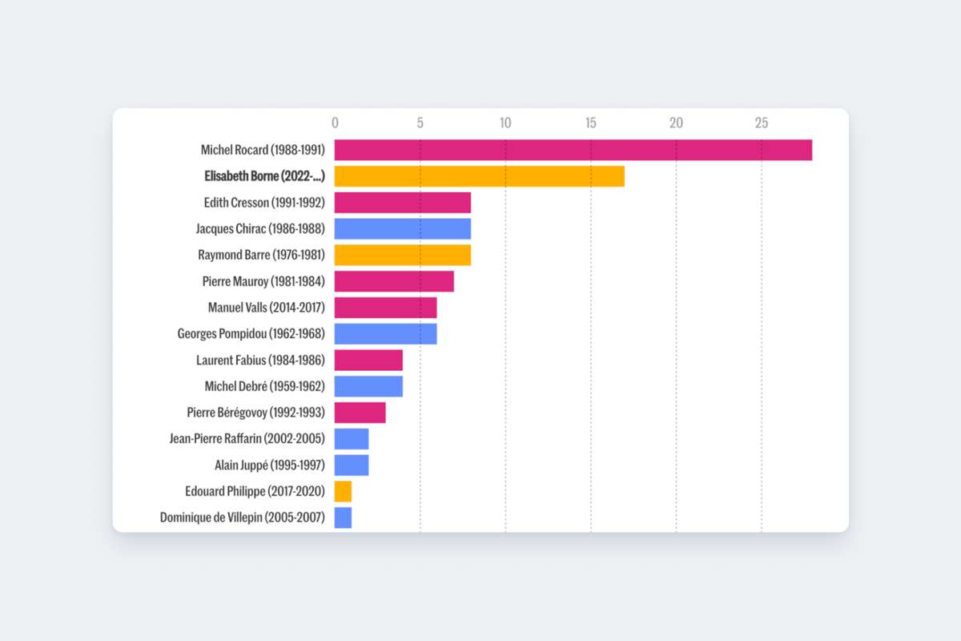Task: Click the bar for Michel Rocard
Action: point(573,150)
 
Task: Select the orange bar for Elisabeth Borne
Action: point(479,176)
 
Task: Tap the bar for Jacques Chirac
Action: point(402,229)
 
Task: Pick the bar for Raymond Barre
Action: point(402,255)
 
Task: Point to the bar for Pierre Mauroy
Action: point(394,281)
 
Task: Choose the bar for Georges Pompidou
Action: point(385,334)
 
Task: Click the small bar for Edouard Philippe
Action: point(343,491)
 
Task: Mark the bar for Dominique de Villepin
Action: point(343,518)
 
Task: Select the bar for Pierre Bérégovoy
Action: point(360,413)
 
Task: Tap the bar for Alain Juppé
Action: point(352,465)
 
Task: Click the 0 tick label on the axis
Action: point(335,123)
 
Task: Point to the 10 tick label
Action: point(505,123)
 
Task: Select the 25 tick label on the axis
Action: point(761,123)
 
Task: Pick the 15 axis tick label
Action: point(591,123)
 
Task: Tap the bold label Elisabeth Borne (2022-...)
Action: point(264,176)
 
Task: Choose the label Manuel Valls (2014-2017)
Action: point(266,308)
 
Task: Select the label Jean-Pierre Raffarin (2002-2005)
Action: point(247,439)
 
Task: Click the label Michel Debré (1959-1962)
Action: point(264,386)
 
